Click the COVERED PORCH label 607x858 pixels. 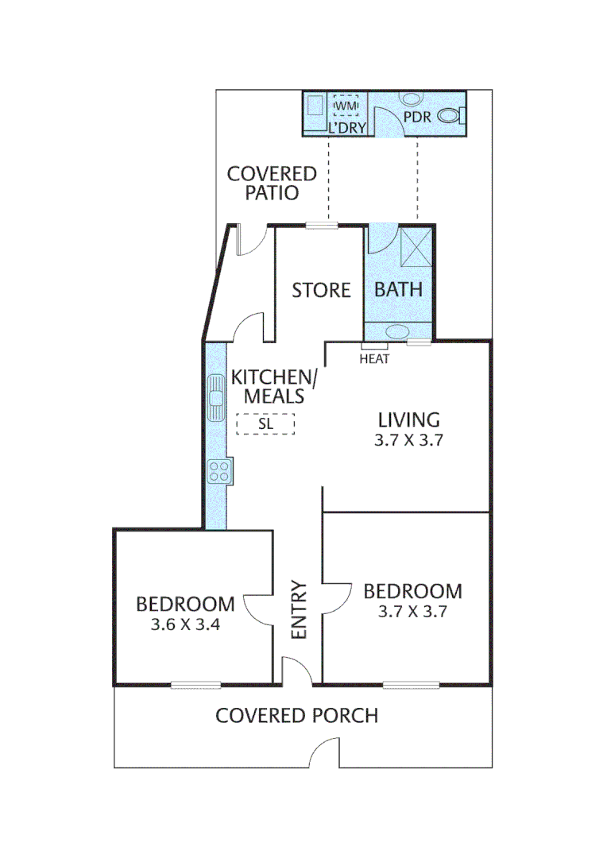tap(296, 716)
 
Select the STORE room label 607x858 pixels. tap(321, 291)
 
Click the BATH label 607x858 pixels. tap(398, 289)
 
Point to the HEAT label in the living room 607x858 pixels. tap(374, 359)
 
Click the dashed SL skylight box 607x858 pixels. tap(265, 424)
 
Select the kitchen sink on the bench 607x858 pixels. tap(216, 398)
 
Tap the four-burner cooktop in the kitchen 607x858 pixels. tap(218, 471)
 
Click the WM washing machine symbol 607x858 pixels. tap(346, 106)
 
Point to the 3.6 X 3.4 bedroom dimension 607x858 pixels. tap(184, 625)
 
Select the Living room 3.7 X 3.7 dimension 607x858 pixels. tap(408, 439)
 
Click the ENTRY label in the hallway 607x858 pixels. tap(299, 610)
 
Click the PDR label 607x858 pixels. tap(417, 116)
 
